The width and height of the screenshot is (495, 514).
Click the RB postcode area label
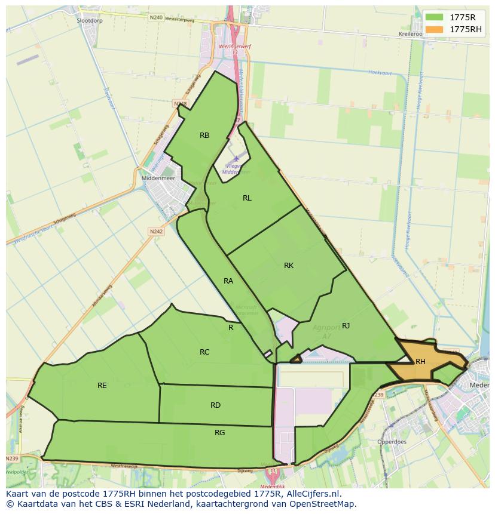pos(204,136)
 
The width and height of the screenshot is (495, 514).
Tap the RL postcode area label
pos(247,198)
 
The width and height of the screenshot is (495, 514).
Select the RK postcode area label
pos(289,266)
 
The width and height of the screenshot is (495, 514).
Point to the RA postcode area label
pos(228,281)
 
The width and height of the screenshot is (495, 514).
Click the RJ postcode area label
pos(346,325)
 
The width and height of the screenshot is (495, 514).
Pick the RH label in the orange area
pos(420,362)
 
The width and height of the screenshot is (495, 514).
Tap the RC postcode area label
pos(204,352)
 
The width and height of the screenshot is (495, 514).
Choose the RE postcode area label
pos(102,386)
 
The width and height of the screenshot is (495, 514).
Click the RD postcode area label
pos(215,405)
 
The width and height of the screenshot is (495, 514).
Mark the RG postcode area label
pos(219,433)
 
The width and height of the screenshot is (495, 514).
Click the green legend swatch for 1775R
pos(435,17)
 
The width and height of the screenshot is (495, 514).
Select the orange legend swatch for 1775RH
pos(435,29)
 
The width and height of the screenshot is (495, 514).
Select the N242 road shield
pos(156,231)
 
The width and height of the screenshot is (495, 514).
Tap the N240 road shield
pos(155,18)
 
